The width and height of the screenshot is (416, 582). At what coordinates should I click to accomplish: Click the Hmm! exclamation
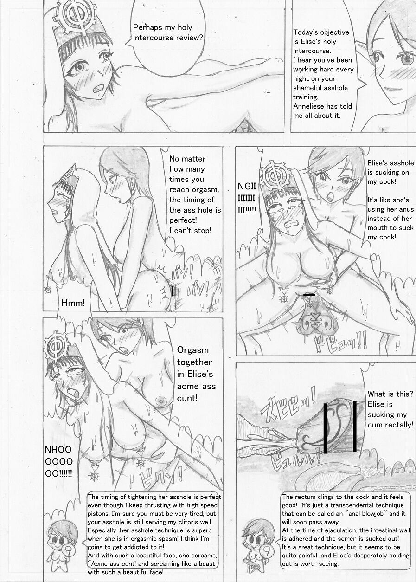[73, 303]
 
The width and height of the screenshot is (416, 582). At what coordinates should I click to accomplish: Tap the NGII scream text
[247, 186]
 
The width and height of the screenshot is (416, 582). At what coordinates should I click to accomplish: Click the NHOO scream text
[58, 449]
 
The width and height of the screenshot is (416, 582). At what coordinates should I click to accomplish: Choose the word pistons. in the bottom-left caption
[99, 514]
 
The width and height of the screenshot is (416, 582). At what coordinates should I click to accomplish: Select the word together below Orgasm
[194, 362]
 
